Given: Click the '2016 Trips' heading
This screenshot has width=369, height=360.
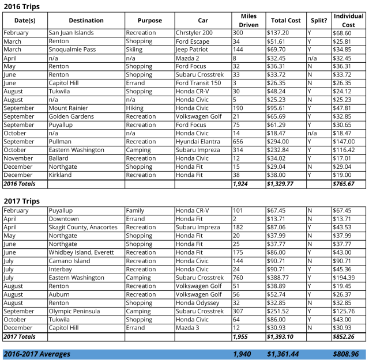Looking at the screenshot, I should pyautogui.click(x=22, y=6).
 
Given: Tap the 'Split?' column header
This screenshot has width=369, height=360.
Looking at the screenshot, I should pyautogui.click(x=318, y=20).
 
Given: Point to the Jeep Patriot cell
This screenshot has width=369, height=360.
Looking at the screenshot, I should pyautogui.click(x=193, y=50).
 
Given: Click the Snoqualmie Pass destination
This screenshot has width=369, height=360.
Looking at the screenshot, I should pyautogui.click(x=76, y=50).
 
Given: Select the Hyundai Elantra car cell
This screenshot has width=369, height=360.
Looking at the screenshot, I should pyautogui.click(x=197, y=142).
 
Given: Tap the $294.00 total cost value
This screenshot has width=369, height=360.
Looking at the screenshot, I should pyautogui.click(x=279, y=142).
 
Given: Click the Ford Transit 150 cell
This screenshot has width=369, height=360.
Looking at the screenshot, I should pyautogui.click(x=198, y=83).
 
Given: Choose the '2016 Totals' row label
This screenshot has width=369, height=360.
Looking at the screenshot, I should pyautogui.click(x=19, y=184).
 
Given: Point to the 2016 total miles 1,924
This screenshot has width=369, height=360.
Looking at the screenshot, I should pyautogui.click(x=240, y=184).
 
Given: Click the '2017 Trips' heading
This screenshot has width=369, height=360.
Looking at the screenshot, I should pyautogui.click(x=22, y=201).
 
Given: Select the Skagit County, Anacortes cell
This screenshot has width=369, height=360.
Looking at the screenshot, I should pyautogui.click(x=83, y=228).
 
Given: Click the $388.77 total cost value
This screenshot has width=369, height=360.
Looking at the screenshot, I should pyautogui.click(x=279, y=278).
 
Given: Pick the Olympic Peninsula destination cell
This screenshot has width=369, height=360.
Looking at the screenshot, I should pyautogui.click(x=74, y=311).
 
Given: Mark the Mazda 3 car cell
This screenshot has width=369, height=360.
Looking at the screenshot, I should pyautogui.click(x=188, y=328).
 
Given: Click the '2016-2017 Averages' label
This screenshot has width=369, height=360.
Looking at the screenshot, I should pyautogui.click(x=37, y=354).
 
